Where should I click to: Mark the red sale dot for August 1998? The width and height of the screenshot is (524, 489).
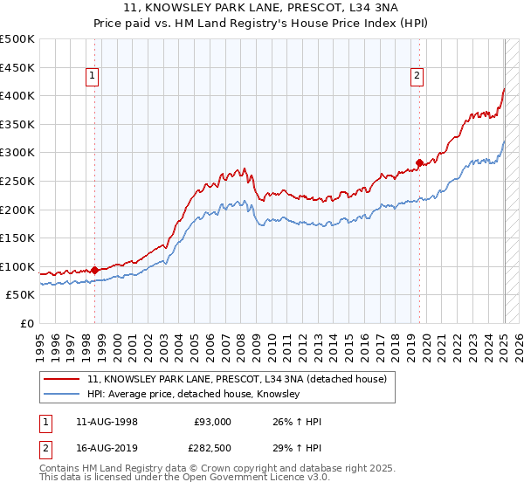point(94,270)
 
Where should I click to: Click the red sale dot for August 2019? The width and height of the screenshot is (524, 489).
point(419,162)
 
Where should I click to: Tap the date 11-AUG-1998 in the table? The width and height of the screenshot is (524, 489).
point(105,423)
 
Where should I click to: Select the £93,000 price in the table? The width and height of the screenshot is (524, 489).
point(212,423)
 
